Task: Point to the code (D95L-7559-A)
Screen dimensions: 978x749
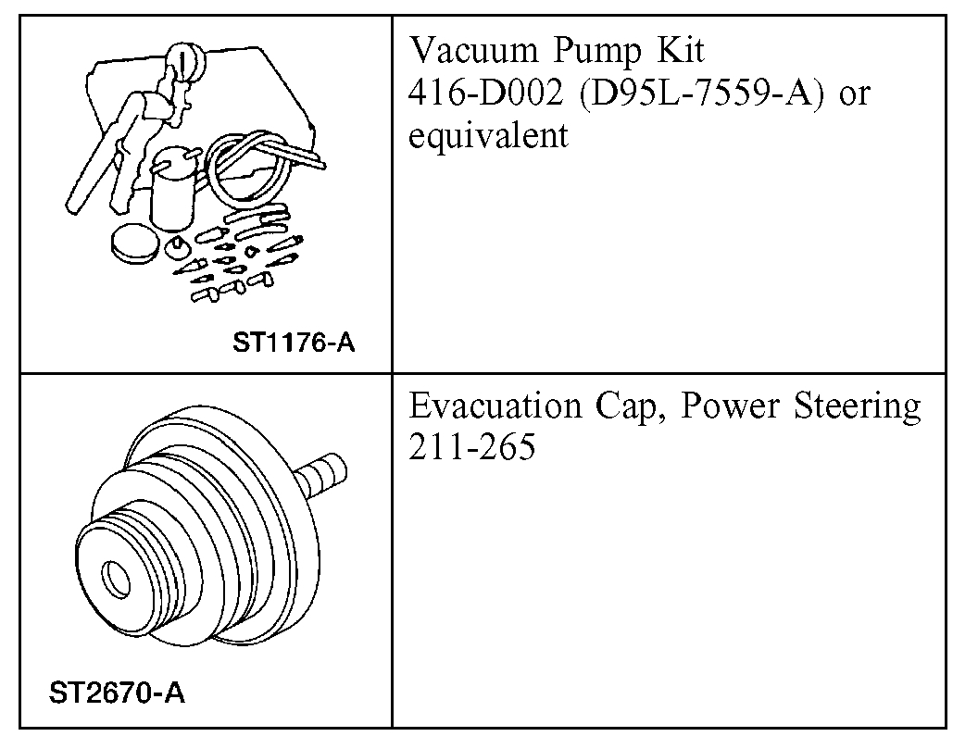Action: [693, 94]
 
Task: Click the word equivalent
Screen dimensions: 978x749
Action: [487, 136]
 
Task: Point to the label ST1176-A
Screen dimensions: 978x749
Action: [295, 343]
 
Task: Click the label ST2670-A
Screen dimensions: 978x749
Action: [116, 693]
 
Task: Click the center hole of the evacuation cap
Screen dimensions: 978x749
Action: [117, 577]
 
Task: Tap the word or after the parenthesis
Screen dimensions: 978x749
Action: [851, 94]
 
